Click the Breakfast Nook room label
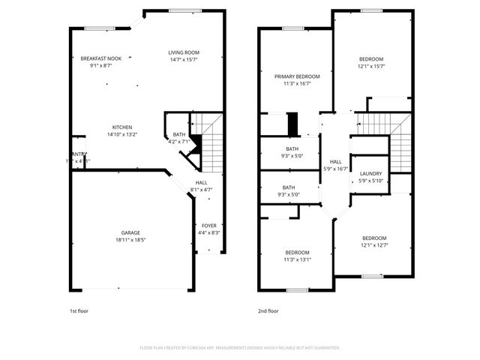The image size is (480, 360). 101,58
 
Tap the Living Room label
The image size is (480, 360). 184,52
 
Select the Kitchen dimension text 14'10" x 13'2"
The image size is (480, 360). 122,135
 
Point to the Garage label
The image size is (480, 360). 131,232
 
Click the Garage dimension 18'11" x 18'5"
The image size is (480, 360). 131,240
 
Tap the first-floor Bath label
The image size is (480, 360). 179,134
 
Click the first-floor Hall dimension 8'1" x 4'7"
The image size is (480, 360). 202,189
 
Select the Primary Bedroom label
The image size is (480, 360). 297,76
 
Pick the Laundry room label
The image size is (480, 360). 370,173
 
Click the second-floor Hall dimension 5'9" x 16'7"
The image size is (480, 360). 335,169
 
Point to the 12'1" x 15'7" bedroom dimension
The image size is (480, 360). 371,66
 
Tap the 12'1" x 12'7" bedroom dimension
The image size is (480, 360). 373,244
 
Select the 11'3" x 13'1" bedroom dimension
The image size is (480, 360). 297,259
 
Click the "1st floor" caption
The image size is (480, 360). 78,310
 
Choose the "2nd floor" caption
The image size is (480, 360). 268,310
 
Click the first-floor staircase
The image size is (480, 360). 212,147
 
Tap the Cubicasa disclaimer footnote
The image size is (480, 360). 240,348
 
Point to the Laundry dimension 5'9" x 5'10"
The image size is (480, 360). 370,181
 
